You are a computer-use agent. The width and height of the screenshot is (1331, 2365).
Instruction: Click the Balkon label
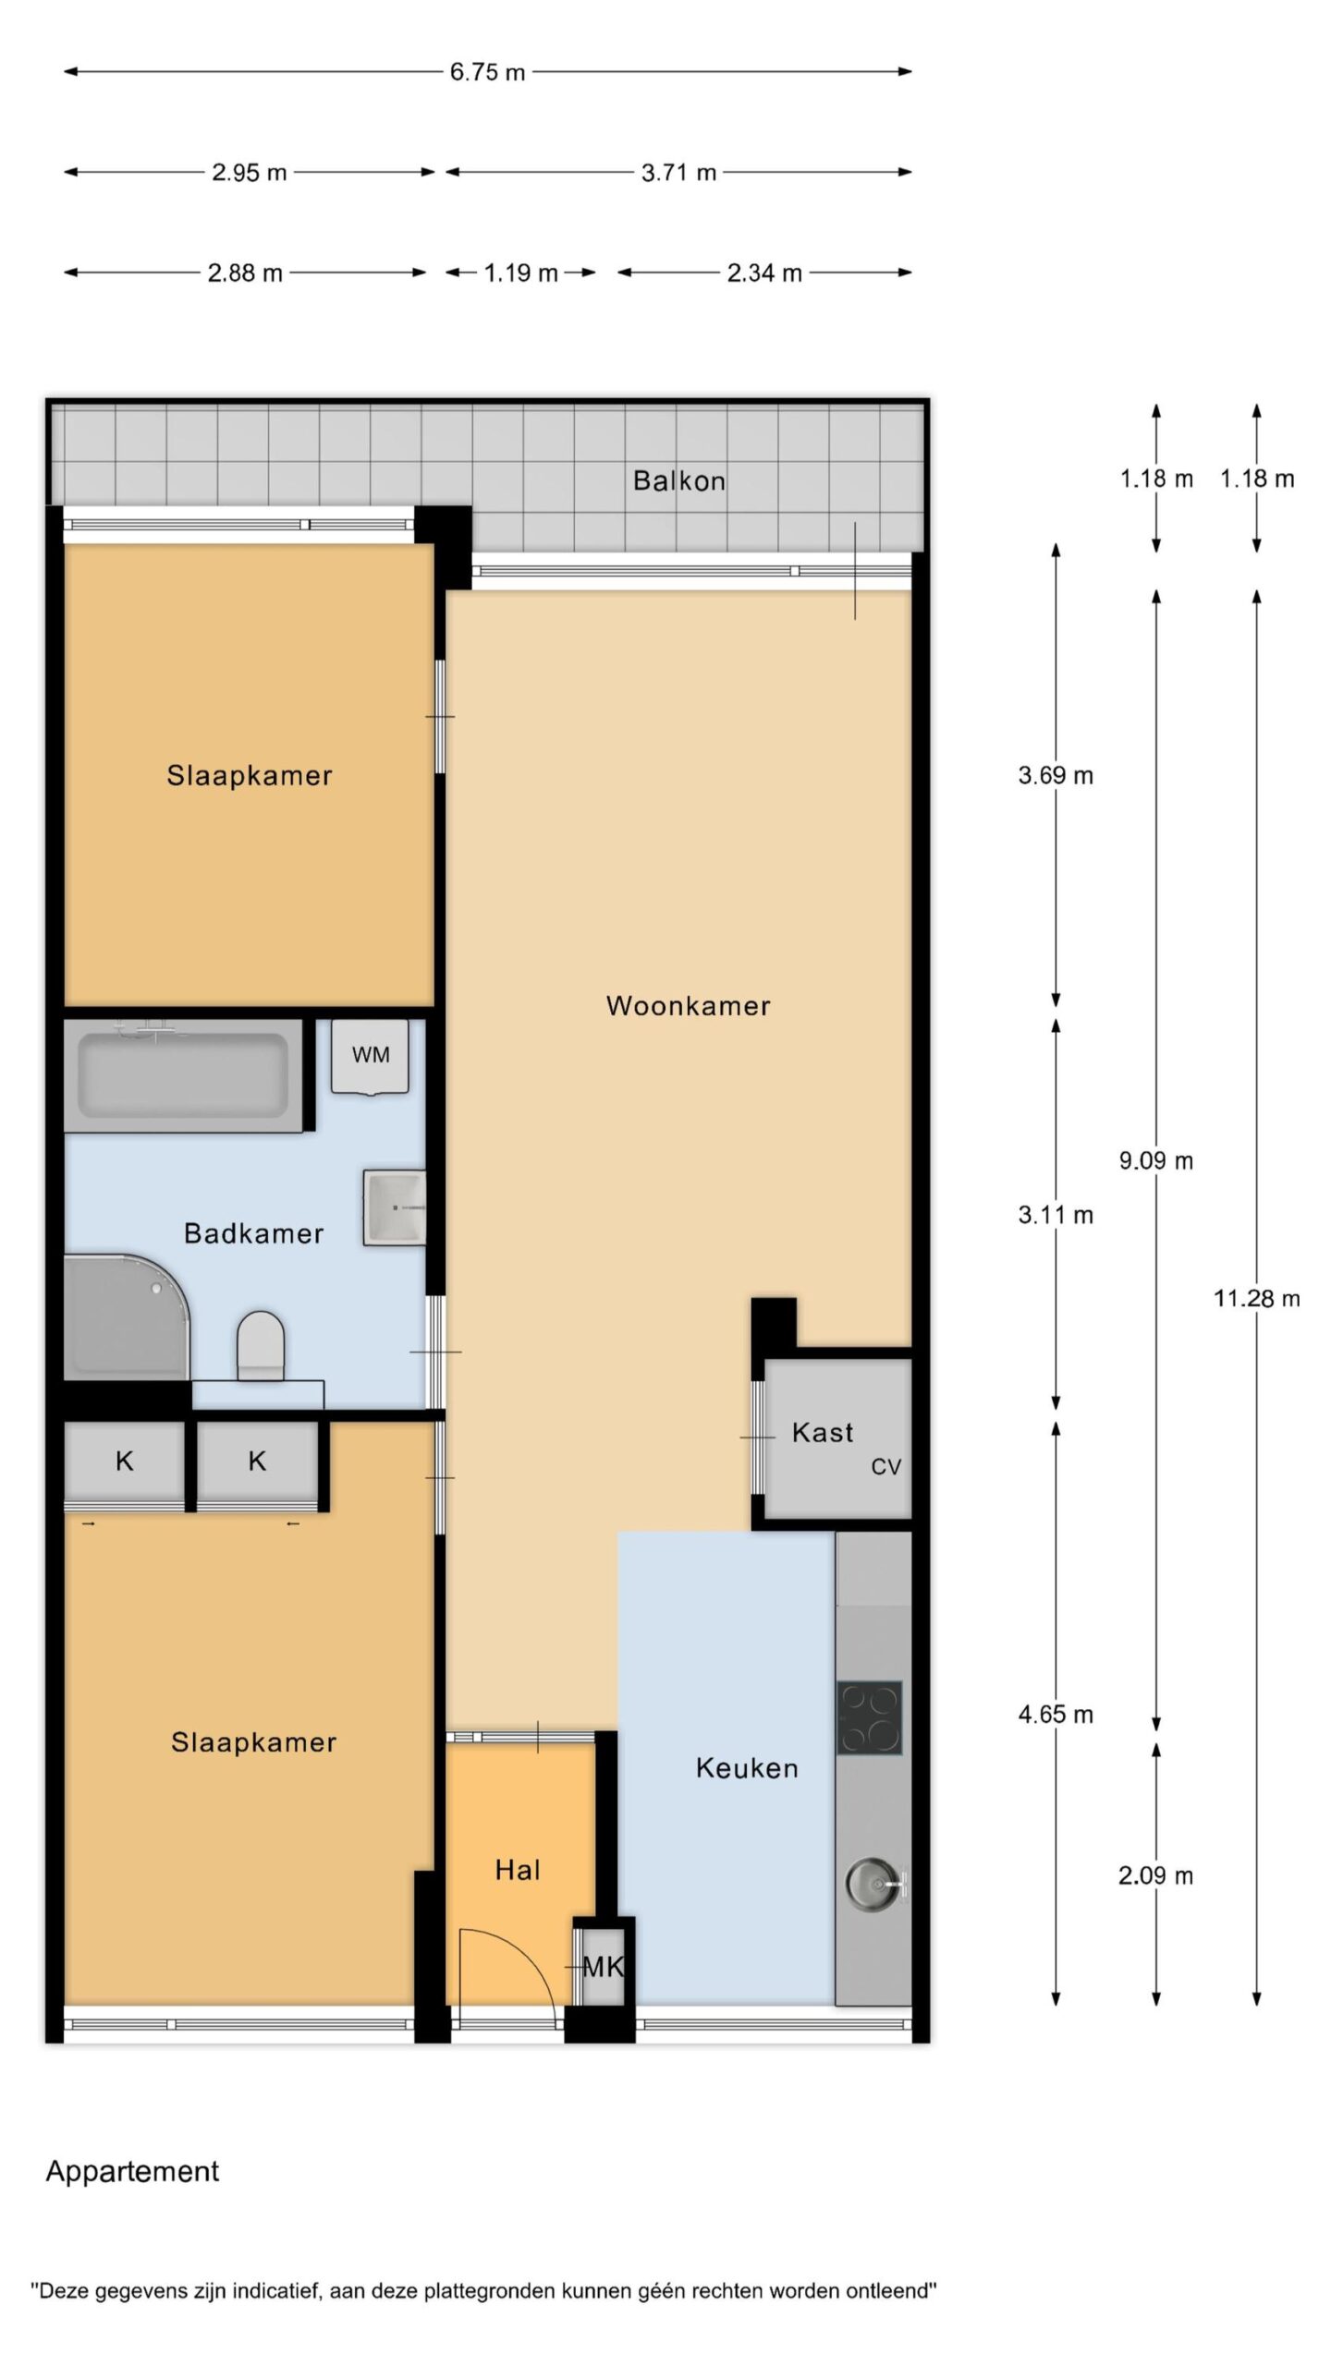[678, 480]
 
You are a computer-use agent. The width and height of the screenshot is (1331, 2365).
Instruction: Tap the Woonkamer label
[688, 1005]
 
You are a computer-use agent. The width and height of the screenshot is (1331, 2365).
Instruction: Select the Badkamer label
[253, 1233]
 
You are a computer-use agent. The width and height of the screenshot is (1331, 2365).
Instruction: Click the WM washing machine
[370, 1057]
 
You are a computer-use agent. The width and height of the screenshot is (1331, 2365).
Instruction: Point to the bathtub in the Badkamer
[183, 1075]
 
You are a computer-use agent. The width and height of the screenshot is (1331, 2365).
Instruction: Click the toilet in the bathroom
[260, 1345]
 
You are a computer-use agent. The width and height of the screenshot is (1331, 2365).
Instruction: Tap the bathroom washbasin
[395, 1207]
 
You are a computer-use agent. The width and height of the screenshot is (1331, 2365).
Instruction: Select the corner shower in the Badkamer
[127, 1316]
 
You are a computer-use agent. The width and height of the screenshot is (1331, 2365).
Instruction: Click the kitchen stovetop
[869, 1718]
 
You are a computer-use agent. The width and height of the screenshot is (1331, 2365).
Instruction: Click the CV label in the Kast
[885, 1466]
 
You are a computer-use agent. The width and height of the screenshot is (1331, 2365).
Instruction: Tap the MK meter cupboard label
[604, 1967]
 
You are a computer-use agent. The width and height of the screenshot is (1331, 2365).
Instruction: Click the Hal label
[518, 1871]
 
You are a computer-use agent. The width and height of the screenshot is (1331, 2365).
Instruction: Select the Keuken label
[747, 1768]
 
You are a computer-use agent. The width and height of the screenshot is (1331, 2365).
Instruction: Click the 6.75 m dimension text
[487, 72]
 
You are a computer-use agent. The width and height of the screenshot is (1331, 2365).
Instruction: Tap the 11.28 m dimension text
[1256, 1299]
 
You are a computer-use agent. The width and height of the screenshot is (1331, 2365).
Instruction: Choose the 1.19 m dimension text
[520, 273]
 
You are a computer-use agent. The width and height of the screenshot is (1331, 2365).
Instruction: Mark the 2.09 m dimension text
[1155, 1876]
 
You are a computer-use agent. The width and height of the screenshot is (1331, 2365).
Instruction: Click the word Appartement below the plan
[132, 2172]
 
